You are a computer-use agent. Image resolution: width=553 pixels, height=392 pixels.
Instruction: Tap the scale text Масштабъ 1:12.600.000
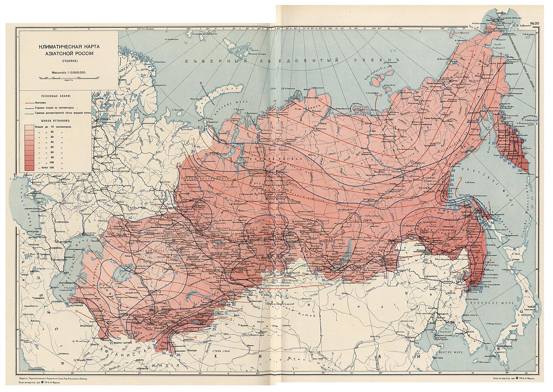point(69,72)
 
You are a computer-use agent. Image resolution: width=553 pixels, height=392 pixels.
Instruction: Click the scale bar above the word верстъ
point(69,78)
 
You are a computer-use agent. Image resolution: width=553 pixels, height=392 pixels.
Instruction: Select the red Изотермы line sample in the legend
point(29,103)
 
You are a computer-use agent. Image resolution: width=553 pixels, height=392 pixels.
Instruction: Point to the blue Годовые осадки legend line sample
point(29,107)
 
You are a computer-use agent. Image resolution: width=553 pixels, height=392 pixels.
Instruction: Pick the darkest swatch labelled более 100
point(29,168)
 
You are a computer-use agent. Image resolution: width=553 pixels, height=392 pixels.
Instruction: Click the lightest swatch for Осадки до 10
point(29,127)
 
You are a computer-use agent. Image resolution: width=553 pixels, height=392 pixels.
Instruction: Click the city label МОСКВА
point(99,157)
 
